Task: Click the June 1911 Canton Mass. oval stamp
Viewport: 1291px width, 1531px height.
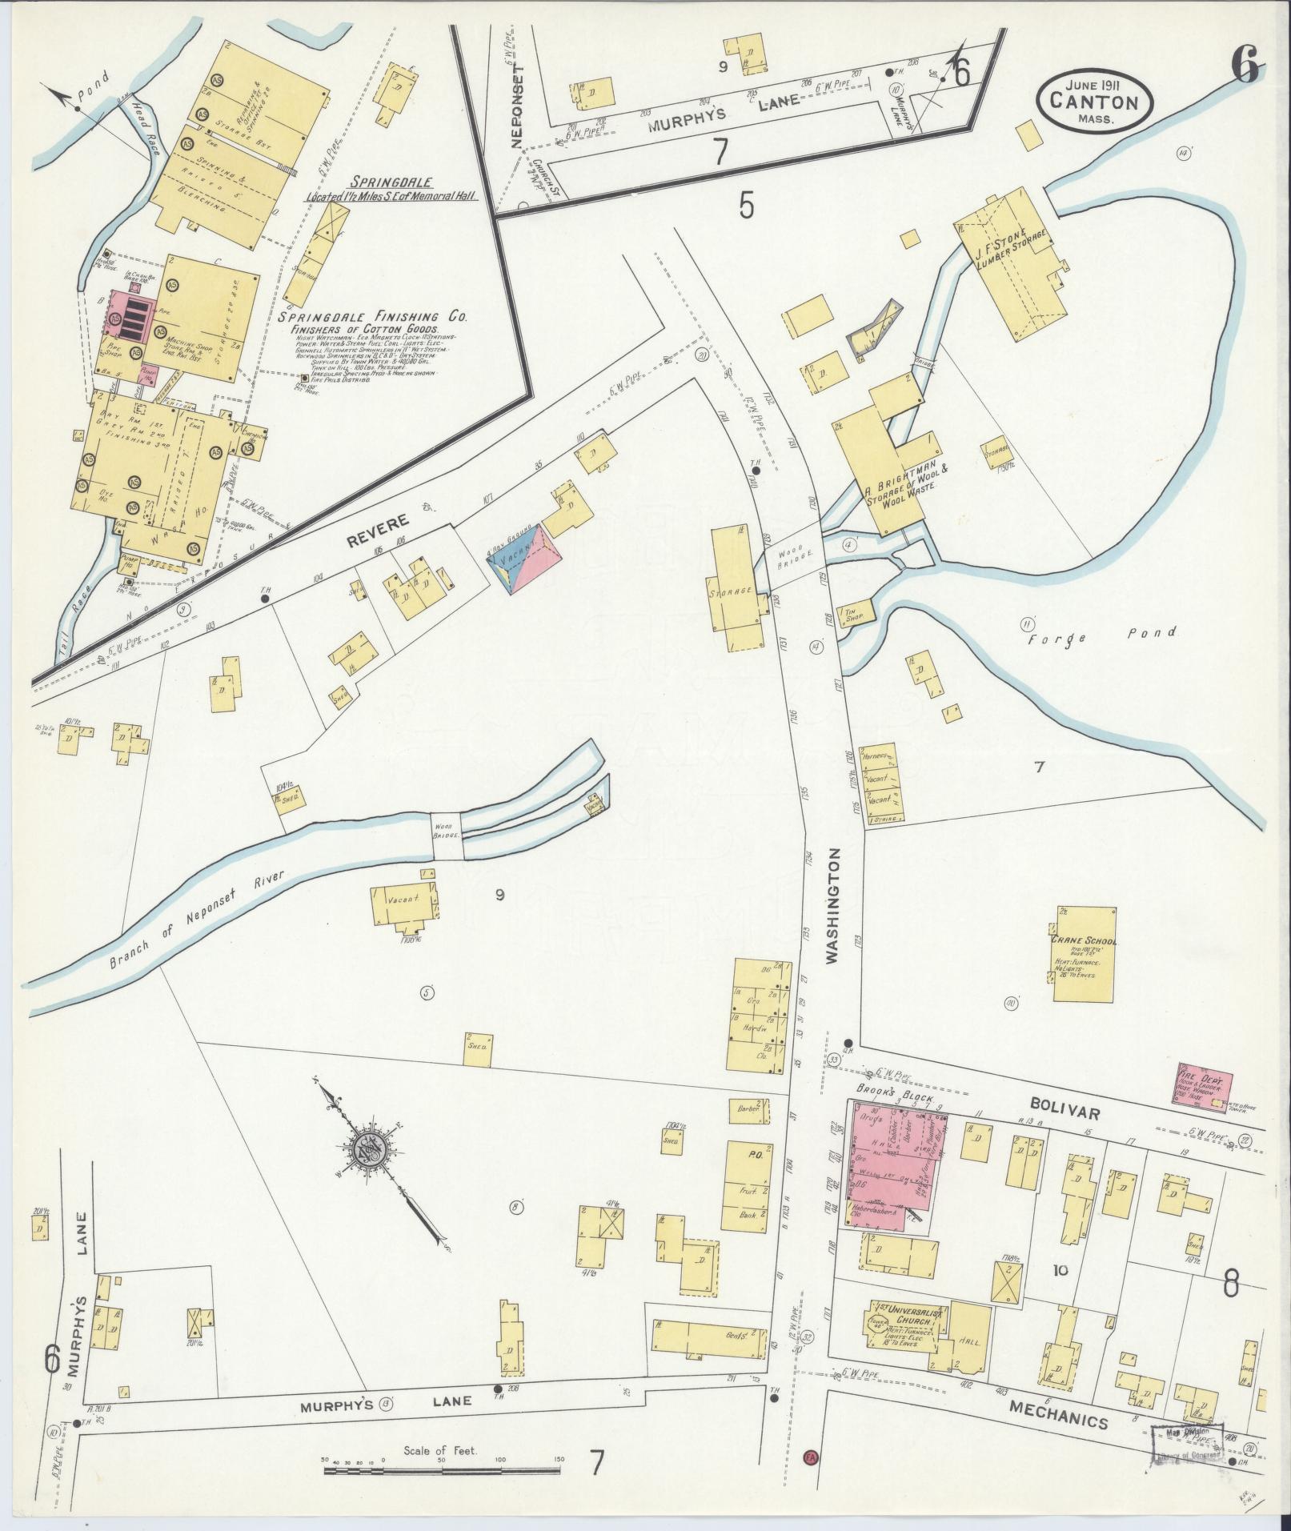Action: pos(1094,102)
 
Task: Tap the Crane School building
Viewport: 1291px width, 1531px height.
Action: pos(1084,955)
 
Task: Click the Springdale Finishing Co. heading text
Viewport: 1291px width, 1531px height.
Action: pos(372,318)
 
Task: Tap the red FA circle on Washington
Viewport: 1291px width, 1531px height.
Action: pos(812,1456)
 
